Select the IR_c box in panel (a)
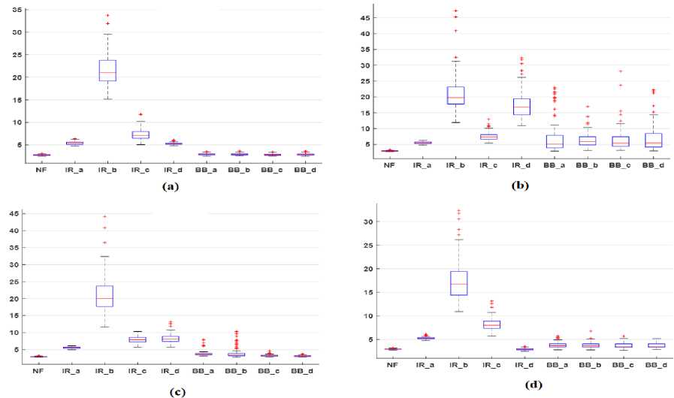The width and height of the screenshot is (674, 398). [141, 134]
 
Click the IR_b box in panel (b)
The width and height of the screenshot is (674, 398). [456, 95]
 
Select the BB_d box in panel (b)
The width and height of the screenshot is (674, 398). [654, 140]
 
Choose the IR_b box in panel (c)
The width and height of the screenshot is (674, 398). [104, 295]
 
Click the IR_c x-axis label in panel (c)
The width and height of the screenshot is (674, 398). [138, 370]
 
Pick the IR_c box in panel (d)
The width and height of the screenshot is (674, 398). [491, 324]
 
